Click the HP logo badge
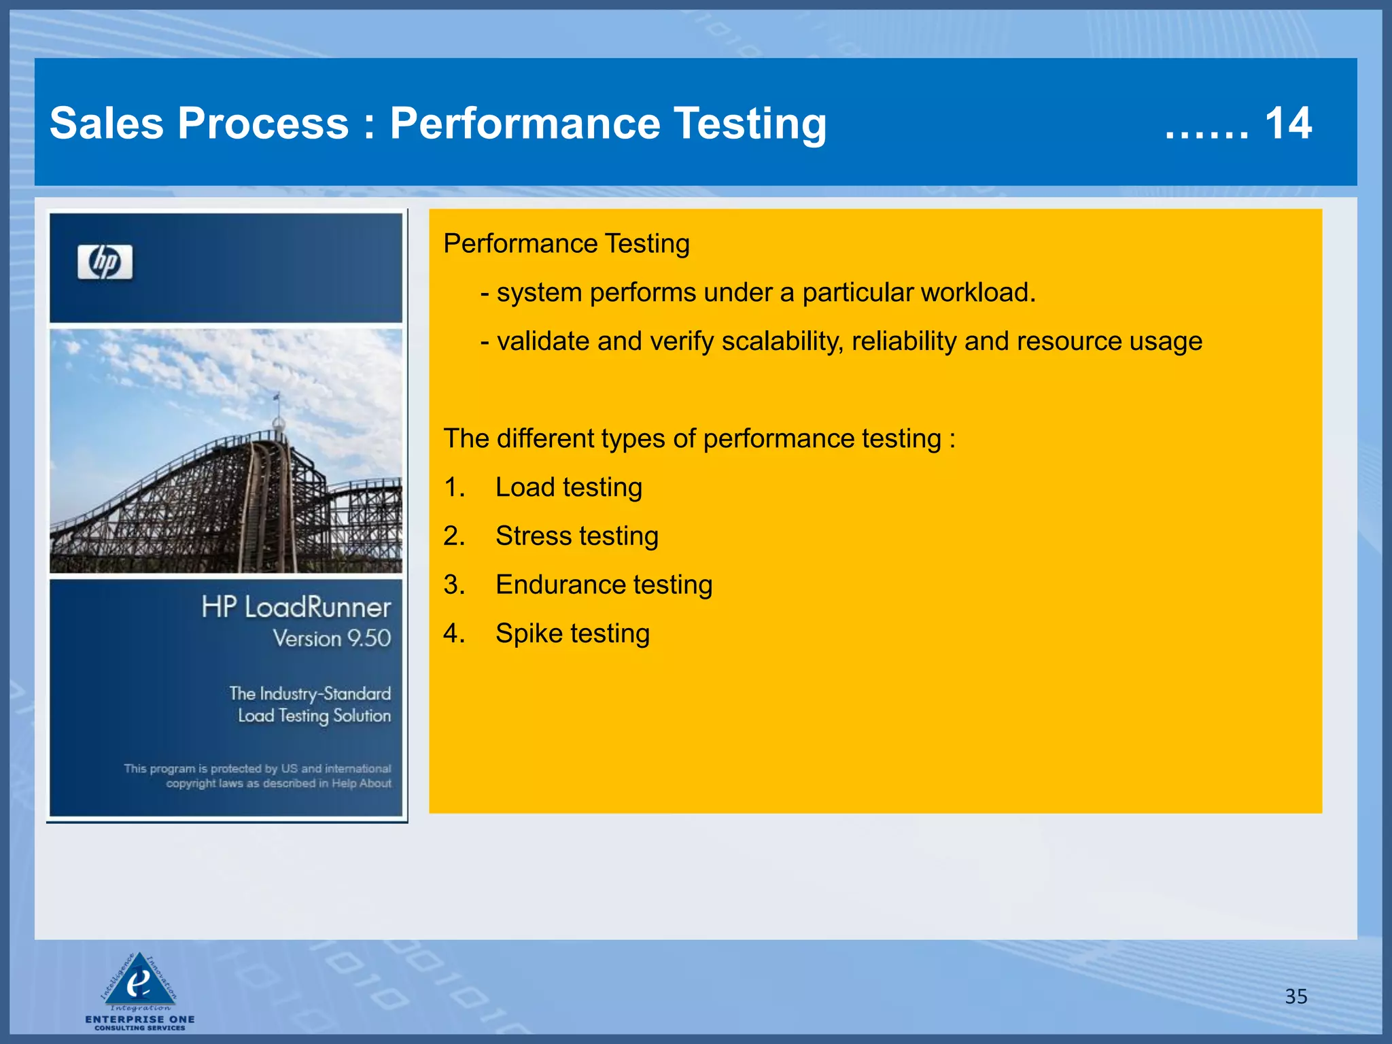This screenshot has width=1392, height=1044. [x=105, y=262]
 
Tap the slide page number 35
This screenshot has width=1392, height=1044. [x=1295, y=996]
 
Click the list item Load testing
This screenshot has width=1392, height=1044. [x=568, y=487]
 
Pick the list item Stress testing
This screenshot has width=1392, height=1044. [x=576, y=536]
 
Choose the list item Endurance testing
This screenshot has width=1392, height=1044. [x=604, y=585]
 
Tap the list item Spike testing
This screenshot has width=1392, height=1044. [x=572, y=633]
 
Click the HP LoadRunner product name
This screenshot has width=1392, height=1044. [x=296, y=607]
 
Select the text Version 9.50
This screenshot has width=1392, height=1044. [x=332, y=638]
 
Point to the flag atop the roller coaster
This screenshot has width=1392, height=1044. [x=277, y=396]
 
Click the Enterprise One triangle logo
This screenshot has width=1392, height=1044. [x=139, y=981]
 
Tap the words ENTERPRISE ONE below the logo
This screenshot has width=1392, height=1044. [x=140, y=1020]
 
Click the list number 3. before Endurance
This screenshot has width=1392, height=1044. [x=454, y=585]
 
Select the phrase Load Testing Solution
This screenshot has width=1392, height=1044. [x=314, y=716]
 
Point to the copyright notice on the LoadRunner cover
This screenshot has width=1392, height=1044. [x=258, y=776]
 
